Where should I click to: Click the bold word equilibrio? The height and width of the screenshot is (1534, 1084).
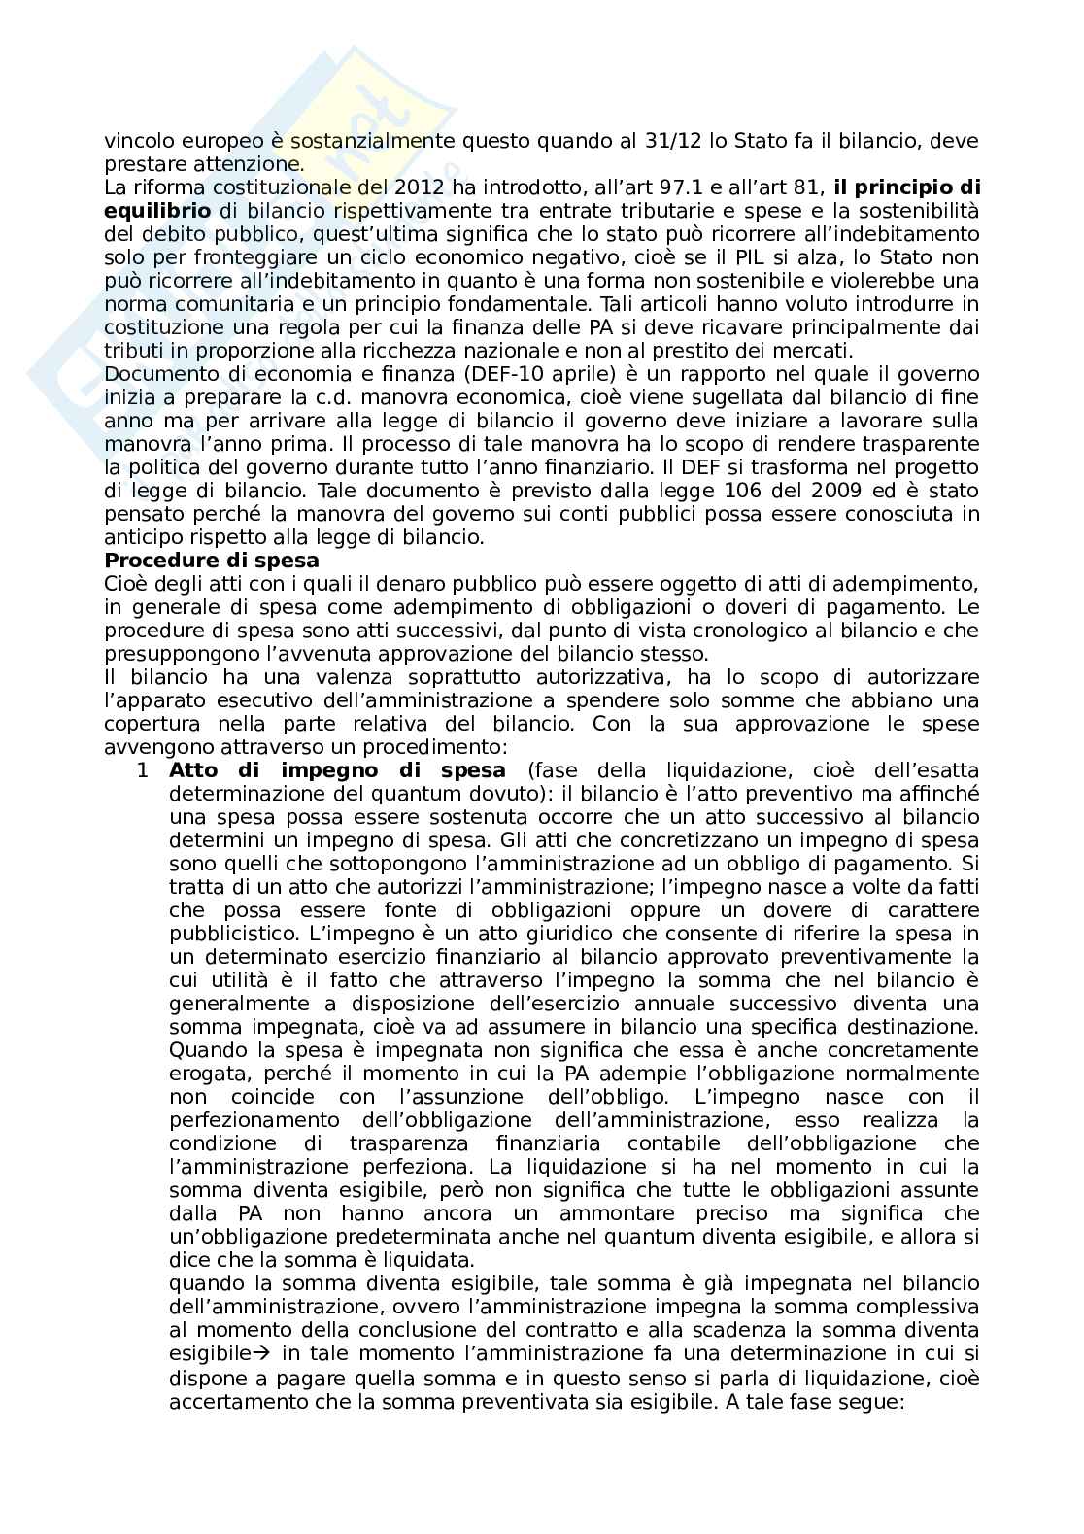click(156, 212)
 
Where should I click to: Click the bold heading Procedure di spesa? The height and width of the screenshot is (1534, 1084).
click(212, 561)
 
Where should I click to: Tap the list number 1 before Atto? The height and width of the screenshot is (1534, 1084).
click(142, 771)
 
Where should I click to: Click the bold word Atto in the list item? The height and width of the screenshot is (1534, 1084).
click(194, 771)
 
